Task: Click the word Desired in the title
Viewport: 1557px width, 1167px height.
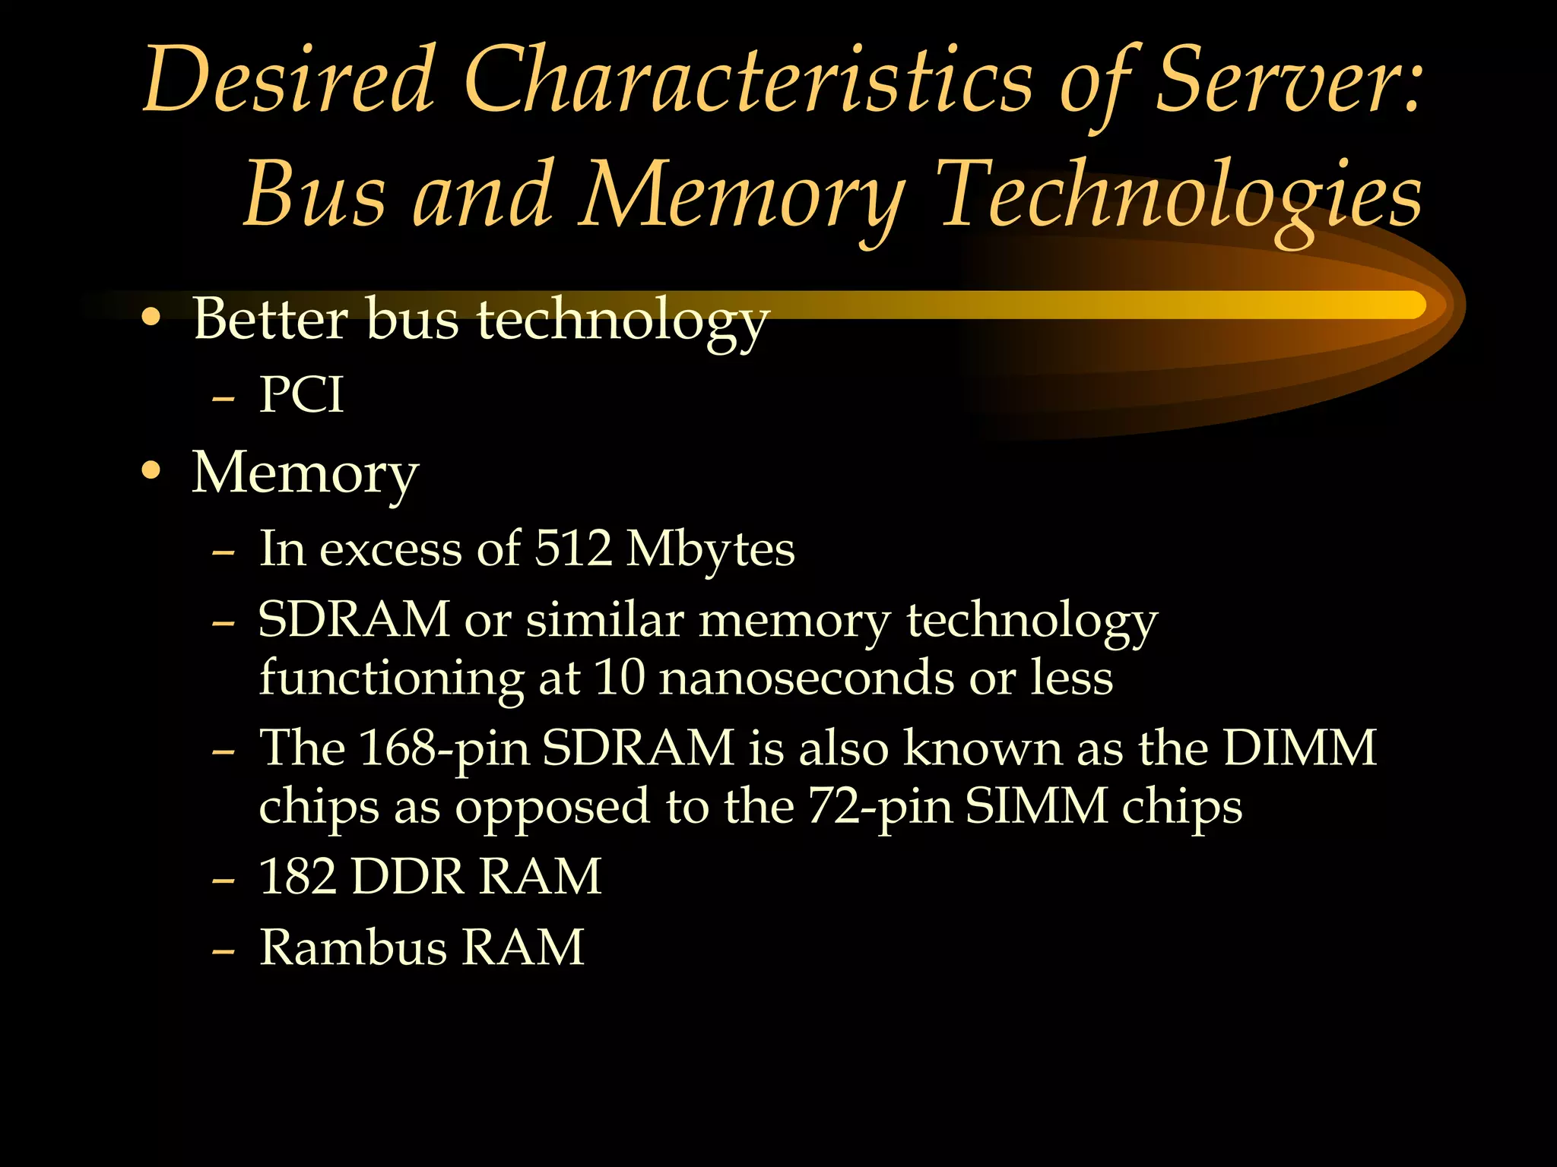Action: (x=289, y=80)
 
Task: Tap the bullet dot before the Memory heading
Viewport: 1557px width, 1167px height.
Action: (x=151, y=472)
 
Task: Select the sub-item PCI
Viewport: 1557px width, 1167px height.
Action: (x=301, y=395)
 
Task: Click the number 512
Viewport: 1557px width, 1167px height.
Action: (x=573, y=548)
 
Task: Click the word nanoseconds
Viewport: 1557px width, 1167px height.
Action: (x=806, y=677)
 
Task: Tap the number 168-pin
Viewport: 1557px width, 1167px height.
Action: (x=444, y=749)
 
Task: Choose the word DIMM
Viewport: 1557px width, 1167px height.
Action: (x=1299, y=748)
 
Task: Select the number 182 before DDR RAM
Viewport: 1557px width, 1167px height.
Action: (x=297, y=876)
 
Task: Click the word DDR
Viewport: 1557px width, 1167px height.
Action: (x=407, y=876)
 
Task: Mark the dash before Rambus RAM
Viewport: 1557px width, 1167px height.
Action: (x=223, y=950)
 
